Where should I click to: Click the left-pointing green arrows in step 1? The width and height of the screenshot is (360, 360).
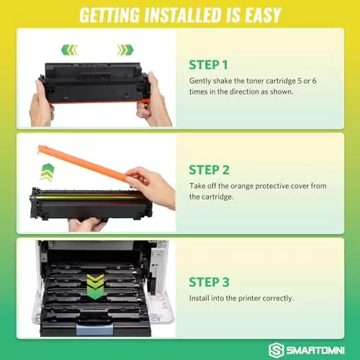(x=69, y=50)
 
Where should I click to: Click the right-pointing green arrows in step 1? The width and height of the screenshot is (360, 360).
(x=125, y=50)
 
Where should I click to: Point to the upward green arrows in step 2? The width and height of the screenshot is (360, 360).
(x=47, y=172)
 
